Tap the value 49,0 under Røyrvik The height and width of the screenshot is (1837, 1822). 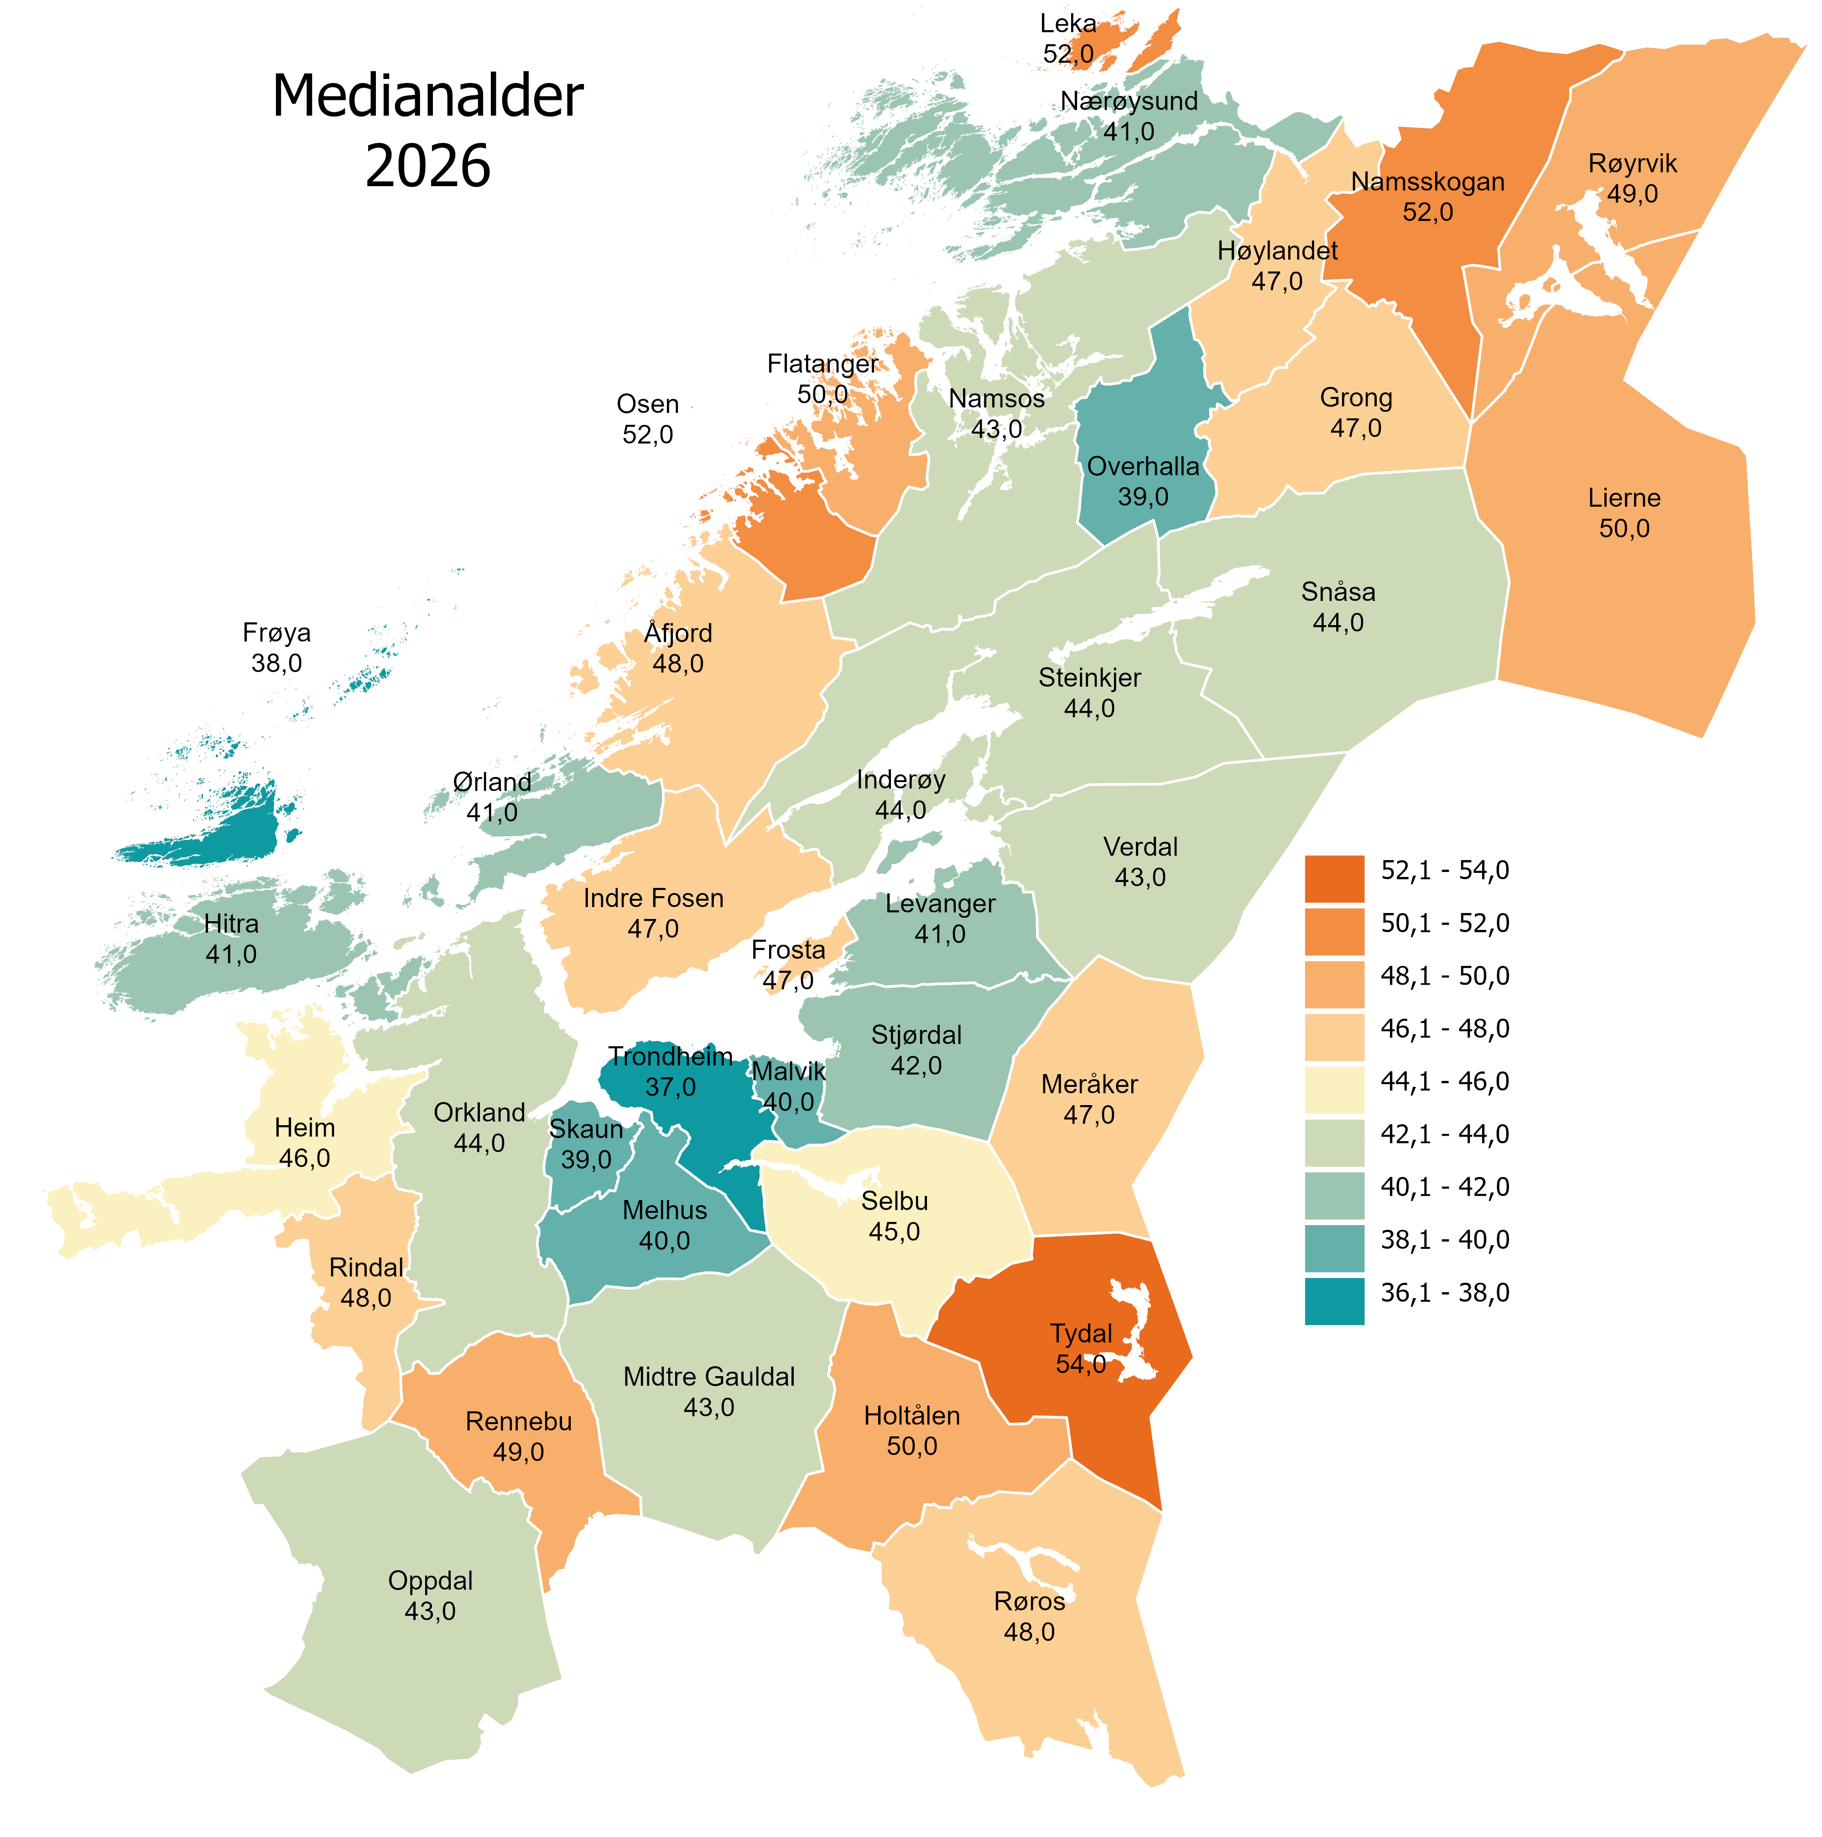click(1632, 194)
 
